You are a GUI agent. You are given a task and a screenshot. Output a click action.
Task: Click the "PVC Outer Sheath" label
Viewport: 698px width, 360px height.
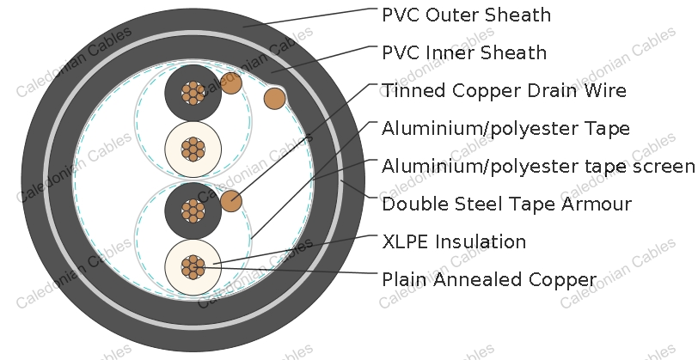click(x=466, y=15)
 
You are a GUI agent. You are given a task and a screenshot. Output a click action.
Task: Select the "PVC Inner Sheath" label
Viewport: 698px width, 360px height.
click(x=464, y=52)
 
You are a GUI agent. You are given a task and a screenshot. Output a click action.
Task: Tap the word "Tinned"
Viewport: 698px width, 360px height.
click(x=414, y=90)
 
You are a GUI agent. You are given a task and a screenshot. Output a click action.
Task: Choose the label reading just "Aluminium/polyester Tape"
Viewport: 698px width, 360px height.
click(x=505, y=129)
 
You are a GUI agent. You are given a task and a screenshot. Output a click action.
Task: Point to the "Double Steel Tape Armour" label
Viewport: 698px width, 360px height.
click(x=506, y=204)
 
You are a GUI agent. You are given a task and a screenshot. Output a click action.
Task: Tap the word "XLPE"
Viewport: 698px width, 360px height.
click(x=406, y=241)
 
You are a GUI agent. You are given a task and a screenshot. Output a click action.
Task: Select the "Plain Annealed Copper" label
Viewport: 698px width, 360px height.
click(x=489, y=280)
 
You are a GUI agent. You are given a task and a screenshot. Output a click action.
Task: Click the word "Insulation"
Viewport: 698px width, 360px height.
click(x=481, y=241)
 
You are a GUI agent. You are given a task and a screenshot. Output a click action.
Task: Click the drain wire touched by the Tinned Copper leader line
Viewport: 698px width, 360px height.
click(x=231, y=201)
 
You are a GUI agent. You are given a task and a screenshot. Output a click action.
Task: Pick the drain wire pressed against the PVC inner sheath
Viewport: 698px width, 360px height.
click(x=275, y=98)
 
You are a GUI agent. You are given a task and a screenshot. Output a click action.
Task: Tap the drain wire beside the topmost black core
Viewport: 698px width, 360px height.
click(x=231, y=83)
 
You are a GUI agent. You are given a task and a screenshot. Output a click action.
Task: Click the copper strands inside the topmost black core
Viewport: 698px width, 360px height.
click(x=193, y=93)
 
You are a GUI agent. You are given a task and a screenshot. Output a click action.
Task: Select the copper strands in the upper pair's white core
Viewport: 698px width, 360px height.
click(x=193, y=149)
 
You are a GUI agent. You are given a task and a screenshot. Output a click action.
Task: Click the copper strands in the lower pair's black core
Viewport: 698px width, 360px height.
click(x=193, y=211)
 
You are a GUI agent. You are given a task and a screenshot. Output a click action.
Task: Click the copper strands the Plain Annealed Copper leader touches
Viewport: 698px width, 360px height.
click(x=193, y=267)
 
